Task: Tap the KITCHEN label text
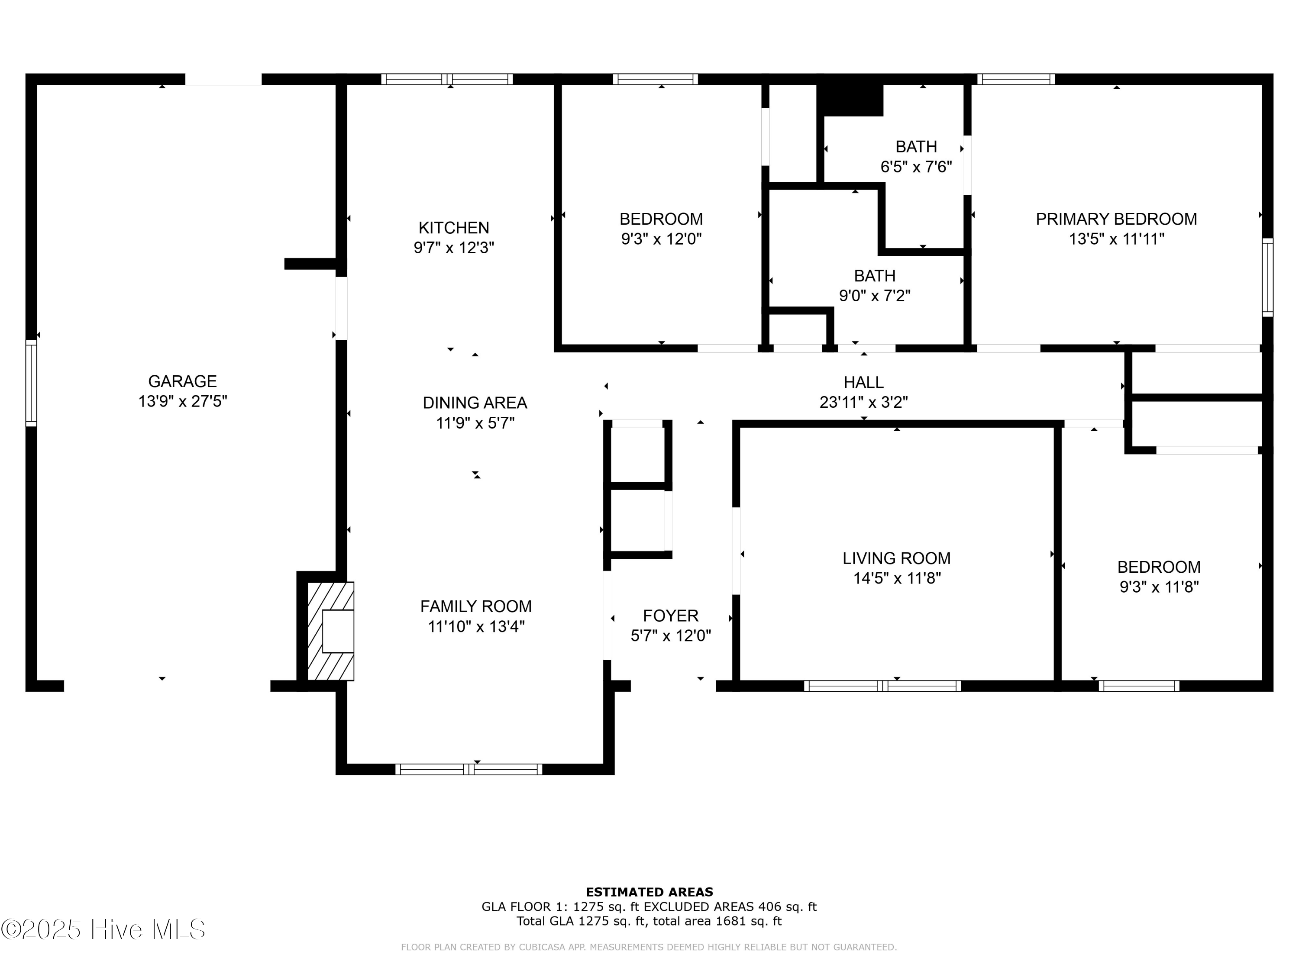click(x=453, y=228)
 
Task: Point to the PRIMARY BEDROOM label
click(x=1116, y=219)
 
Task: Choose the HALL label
click(x=863, y=382)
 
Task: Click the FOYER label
click(x=671, y=616)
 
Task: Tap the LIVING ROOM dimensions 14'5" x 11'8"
click(x=897, y=579)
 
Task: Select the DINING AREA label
click(x=475, y=403)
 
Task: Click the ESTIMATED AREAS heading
click(x=649, y=892)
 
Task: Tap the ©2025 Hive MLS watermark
click(x=103, y=929)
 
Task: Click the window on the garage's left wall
click(x=31, y=383)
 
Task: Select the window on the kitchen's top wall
click(x=447, y=79)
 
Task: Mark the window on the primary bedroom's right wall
click(x=1268, y=277)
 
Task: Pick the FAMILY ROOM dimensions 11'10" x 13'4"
click(x=476, y=627)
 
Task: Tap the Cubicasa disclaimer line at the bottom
click(x=649, y=947)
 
